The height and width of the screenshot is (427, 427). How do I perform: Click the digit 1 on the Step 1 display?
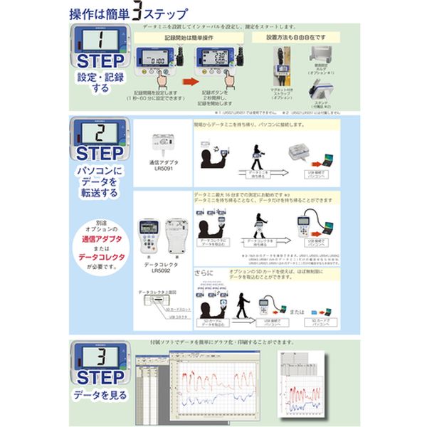pos(102,41)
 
